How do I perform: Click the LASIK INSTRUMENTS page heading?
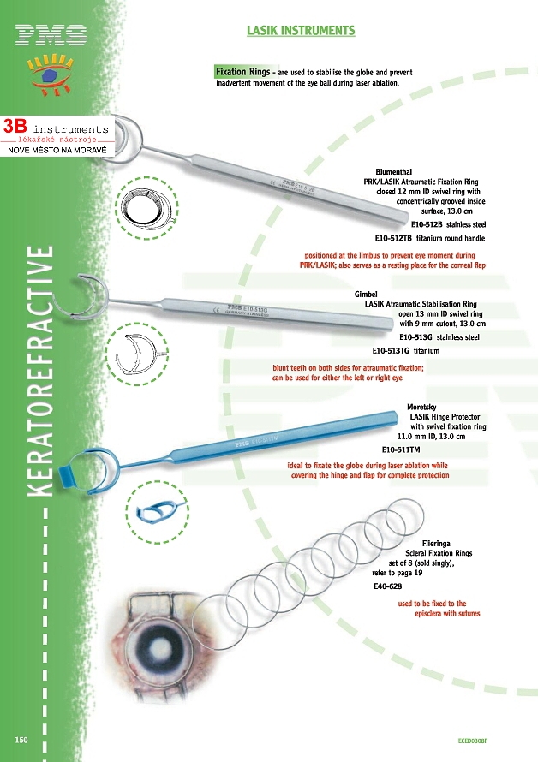pos(301,31)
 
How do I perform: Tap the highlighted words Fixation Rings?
pos(243,72)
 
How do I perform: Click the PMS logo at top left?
pos(51,35)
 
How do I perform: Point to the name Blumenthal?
pos(394,172)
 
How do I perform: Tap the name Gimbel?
pos(366,294)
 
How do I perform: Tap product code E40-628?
pos(387,587)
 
